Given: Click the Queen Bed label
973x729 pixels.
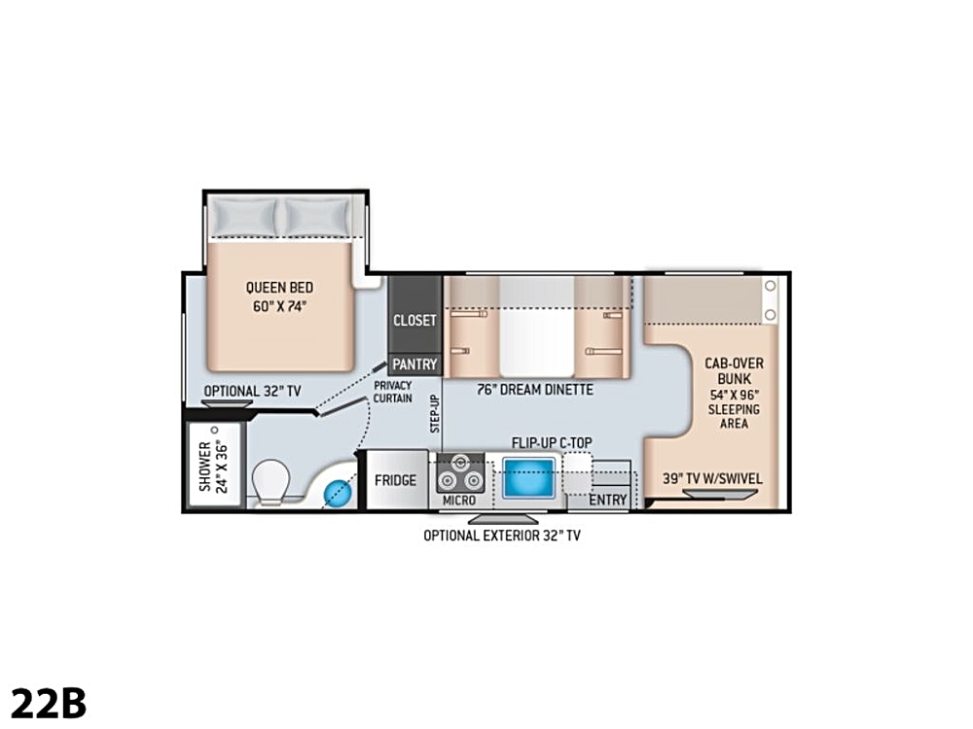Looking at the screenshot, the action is (x=279, y=296).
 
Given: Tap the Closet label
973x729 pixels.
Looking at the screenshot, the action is (x=414, y=321).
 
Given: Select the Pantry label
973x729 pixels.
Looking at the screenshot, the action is (x=414, y=364).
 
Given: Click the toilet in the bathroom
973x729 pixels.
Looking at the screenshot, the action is (x=271, y=482).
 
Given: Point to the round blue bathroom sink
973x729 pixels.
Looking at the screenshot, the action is (x=339, y=493).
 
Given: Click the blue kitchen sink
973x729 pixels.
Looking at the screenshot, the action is (x=528, y=477).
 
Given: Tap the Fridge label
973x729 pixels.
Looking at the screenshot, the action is (x=395, y=480).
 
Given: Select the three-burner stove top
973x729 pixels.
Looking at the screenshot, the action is (x=460, y=472).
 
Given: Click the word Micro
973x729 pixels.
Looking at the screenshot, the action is (x=459, y=501).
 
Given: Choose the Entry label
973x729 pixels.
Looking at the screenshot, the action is (x=607, y=500).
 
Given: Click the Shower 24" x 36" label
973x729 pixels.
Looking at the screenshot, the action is (x=214, y=467).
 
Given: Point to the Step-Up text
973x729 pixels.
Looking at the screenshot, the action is (x=435, y=413).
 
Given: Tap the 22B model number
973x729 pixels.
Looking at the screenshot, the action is (x=49, y=703).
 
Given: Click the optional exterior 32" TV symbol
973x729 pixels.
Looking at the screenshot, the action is (x=503, y=518).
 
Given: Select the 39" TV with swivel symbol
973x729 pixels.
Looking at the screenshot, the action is (x=720, y=494).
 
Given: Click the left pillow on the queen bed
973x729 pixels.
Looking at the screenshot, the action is (x=243, y=217).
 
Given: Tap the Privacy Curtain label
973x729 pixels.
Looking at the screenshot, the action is (x=392, y=392).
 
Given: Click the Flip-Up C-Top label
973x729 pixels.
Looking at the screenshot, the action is (x=552, y=443).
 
